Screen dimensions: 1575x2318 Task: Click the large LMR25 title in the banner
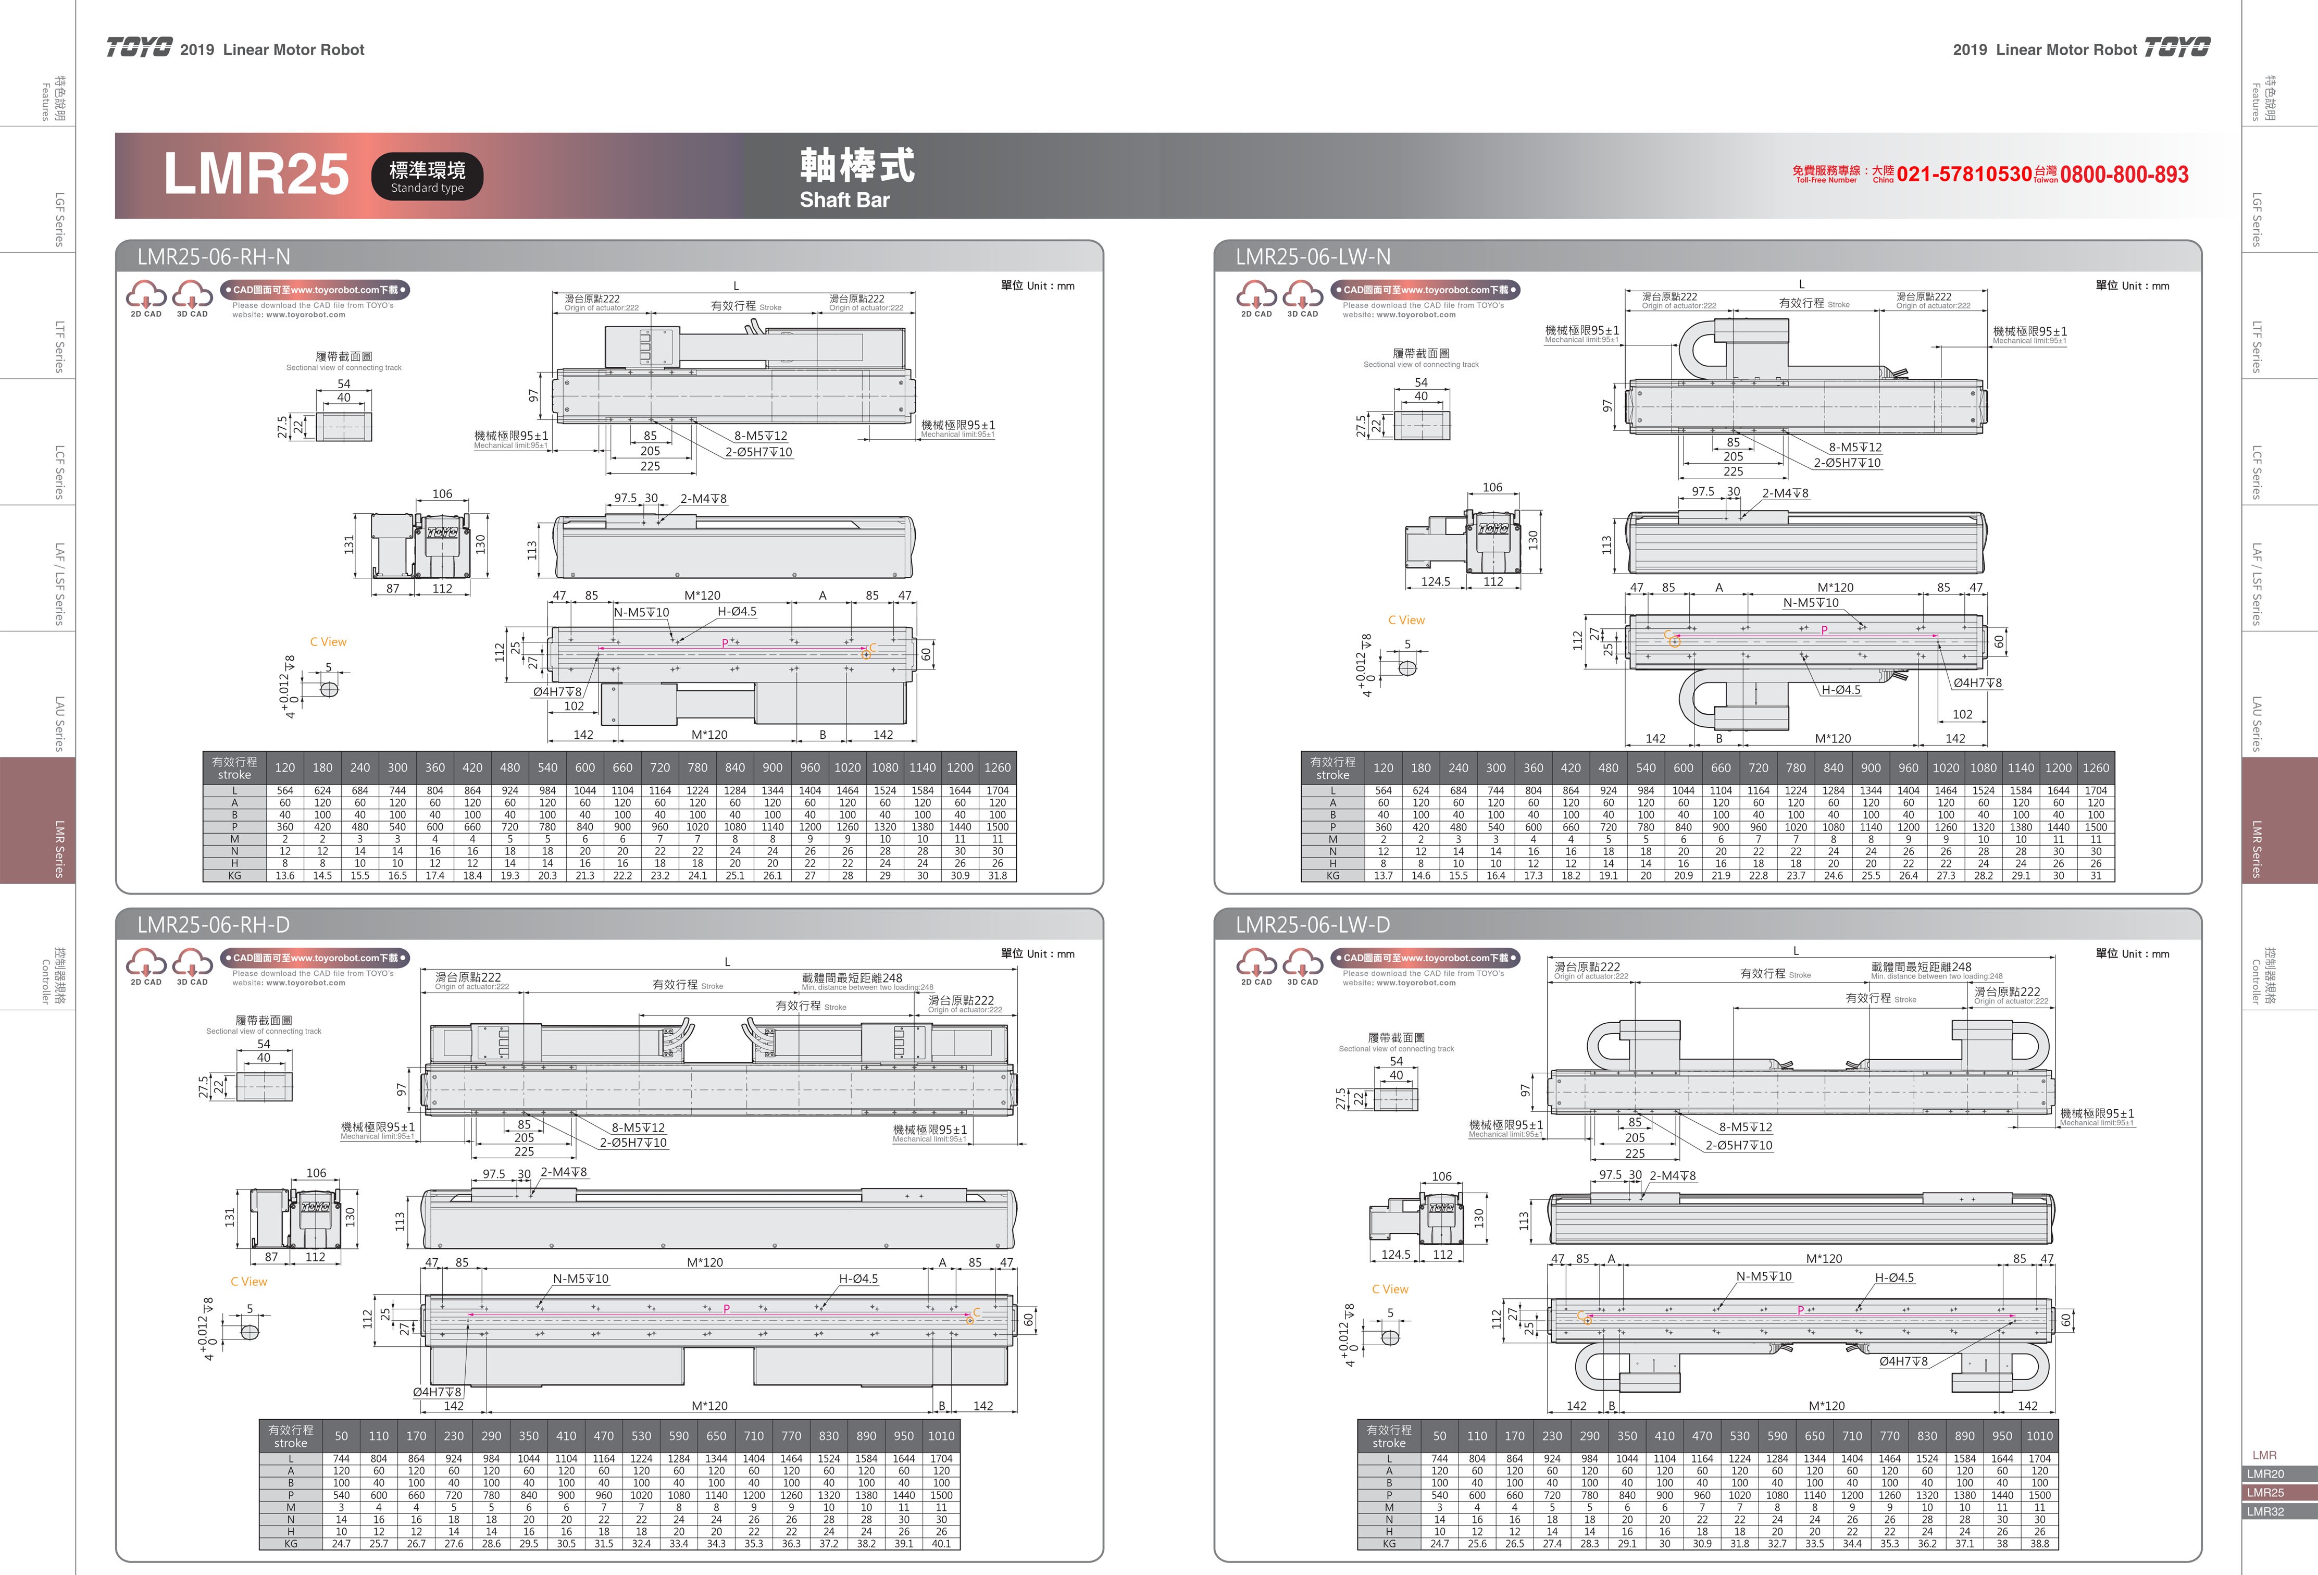(256, 175)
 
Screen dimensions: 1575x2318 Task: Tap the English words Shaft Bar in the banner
(844, 200)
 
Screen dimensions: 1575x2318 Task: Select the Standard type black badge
(427, 176)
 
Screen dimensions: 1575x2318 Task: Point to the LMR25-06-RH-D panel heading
(214, 925)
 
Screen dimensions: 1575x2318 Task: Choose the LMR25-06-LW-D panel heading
(1313, 925)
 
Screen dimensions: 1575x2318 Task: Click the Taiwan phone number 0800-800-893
(2125, 175)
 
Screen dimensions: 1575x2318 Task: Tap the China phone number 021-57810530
(1964, 175)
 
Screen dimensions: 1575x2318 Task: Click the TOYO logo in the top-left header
(140, 49)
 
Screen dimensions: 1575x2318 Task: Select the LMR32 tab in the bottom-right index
(2265, 1511)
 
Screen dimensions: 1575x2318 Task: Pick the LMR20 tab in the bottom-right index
(2265, 1473)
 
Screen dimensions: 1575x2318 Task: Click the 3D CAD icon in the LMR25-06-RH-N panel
(193, 298)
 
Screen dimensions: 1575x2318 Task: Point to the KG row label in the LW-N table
(1332, 876)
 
